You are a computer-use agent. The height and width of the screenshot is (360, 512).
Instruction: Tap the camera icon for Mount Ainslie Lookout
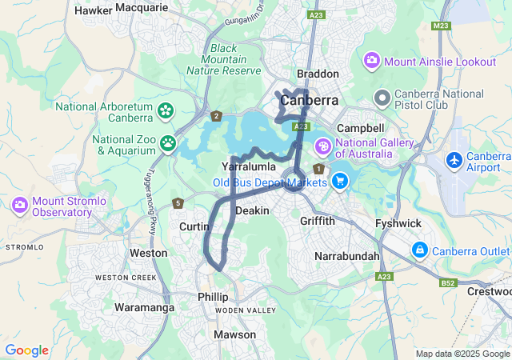372,61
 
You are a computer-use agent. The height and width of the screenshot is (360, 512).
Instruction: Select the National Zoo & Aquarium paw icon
168,143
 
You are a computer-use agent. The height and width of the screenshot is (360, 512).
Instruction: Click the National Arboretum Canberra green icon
166,110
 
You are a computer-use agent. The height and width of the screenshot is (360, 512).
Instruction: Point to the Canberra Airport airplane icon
454,160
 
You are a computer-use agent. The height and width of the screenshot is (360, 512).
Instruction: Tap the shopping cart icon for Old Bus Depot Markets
340,182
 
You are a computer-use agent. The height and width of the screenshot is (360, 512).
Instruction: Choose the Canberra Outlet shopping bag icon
419,250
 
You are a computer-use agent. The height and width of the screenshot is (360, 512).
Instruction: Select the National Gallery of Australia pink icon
323,146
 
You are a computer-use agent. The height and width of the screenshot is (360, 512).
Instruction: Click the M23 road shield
440,26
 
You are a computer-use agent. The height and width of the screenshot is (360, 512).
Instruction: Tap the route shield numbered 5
178,203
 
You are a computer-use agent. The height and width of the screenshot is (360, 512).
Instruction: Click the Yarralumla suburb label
249,166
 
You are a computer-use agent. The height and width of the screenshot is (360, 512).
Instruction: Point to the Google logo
26,350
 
